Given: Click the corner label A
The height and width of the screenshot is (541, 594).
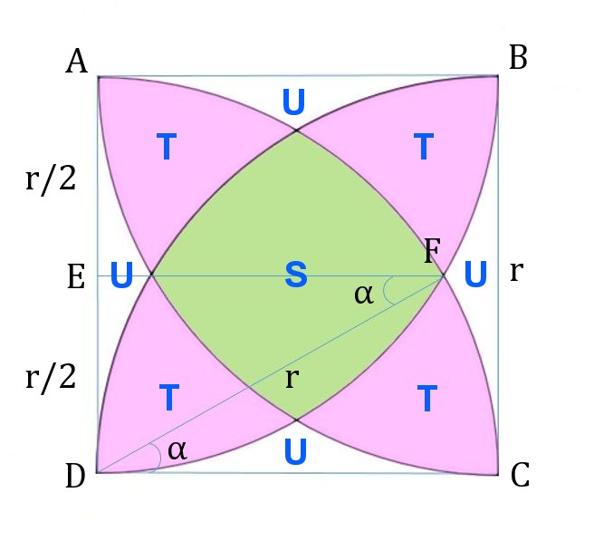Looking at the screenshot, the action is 77,62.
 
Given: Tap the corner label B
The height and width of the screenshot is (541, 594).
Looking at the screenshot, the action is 518,58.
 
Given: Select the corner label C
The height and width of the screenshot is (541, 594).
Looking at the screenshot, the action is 520,476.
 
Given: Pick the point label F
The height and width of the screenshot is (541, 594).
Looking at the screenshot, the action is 432,251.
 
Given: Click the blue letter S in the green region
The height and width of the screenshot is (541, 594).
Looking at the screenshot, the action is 296,275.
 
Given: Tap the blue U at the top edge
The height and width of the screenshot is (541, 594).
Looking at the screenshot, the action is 293,103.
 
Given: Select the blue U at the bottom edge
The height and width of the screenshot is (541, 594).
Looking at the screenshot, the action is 295,451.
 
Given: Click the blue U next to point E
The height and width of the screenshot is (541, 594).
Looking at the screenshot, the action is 122,276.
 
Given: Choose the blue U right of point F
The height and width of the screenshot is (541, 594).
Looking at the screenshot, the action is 476,274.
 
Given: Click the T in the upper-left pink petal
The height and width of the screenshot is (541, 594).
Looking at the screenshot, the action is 166,148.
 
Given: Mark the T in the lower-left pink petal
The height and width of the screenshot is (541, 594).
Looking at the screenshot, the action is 168,398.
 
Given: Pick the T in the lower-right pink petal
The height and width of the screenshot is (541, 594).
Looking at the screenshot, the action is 427,398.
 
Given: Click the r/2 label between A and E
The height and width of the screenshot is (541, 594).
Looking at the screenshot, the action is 51,181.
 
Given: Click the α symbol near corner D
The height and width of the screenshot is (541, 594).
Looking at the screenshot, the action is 177,449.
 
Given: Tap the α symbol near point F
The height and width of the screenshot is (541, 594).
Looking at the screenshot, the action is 364,293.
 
